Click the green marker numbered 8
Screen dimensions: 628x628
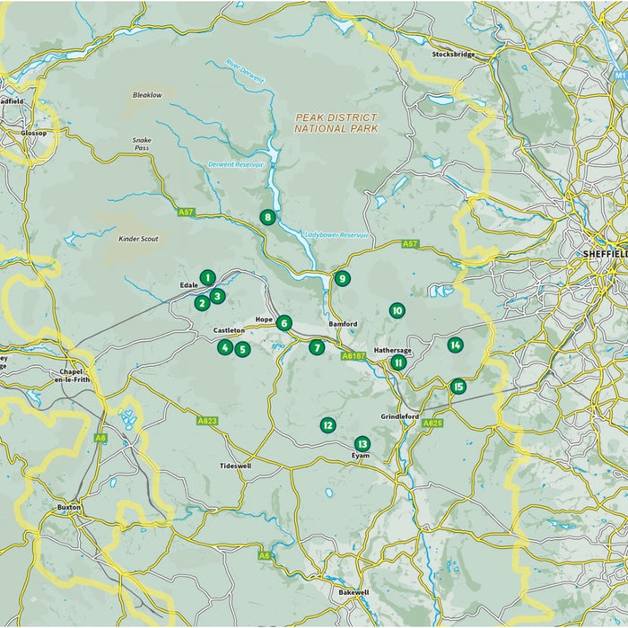(267, 217)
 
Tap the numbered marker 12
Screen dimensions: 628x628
(327, 425)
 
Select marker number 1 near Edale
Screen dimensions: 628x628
(207, 278)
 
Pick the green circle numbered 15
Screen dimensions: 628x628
(458, 387)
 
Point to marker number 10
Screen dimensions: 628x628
(397, 310)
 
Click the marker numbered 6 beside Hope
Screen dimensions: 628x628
(283, 323)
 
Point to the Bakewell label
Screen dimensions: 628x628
(353, 593)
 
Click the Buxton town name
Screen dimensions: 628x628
(69, 508)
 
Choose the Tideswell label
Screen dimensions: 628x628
(235, 467)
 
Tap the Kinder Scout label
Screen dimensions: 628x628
(137, 240)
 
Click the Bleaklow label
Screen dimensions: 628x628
(146, 94)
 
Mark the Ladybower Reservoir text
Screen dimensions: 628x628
(336, 235)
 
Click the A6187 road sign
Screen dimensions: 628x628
(353, 356)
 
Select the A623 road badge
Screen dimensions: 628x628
(207, 420)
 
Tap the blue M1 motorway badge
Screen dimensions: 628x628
(619, 51)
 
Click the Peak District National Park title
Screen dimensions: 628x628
(336, 123)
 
